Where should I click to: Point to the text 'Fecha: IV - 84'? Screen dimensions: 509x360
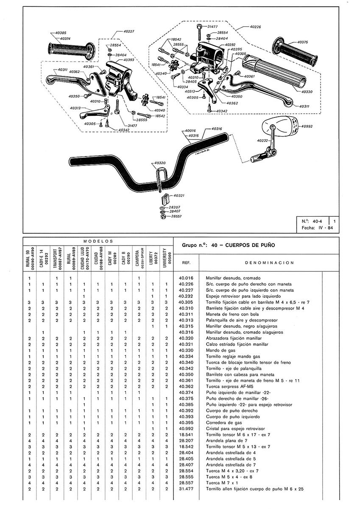coord(316,228)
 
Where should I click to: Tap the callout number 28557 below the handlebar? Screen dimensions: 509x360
coord(177,216)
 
